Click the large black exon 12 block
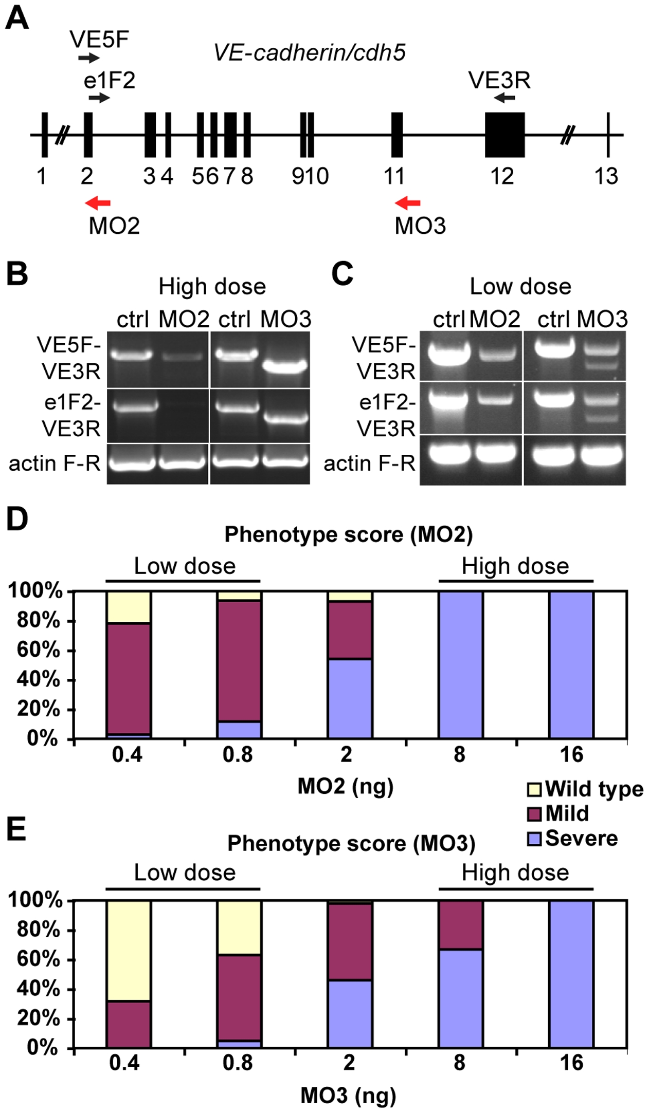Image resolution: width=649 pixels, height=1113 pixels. (x=504, y=135)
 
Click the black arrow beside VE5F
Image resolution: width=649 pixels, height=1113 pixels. (x=89, y=58)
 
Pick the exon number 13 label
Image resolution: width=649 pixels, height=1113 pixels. (x=606, y=176)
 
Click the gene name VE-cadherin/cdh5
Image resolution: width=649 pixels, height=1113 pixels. (x=310, y=52)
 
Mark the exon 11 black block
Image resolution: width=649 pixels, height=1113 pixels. (x=396, y=135)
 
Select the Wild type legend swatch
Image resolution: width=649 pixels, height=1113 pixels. (x=535, y=789)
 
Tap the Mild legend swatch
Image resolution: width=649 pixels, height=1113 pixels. (x=535, y=814)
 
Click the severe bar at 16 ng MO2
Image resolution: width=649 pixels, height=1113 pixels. (x=571, y=665)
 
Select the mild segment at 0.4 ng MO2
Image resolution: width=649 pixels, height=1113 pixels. (x=129, y=678)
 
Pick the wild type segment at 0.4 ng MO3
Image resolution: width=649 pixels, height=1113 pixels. (x=129, y=950)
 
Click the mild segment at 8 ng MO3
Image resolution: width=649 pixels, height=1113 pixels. (x=461, y=924)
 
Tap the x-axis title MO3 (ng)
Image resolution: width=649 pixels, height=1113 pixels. (x=348, y=1096)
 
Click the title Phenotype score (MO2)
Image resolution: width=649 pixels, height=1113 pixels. (x=348, y=534)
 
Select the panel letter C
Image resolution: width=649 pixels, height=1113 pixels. (x=342, y=274)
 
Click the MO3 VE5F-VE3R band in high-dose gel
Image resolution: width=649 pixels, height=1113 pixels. (x=285, y=366)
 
